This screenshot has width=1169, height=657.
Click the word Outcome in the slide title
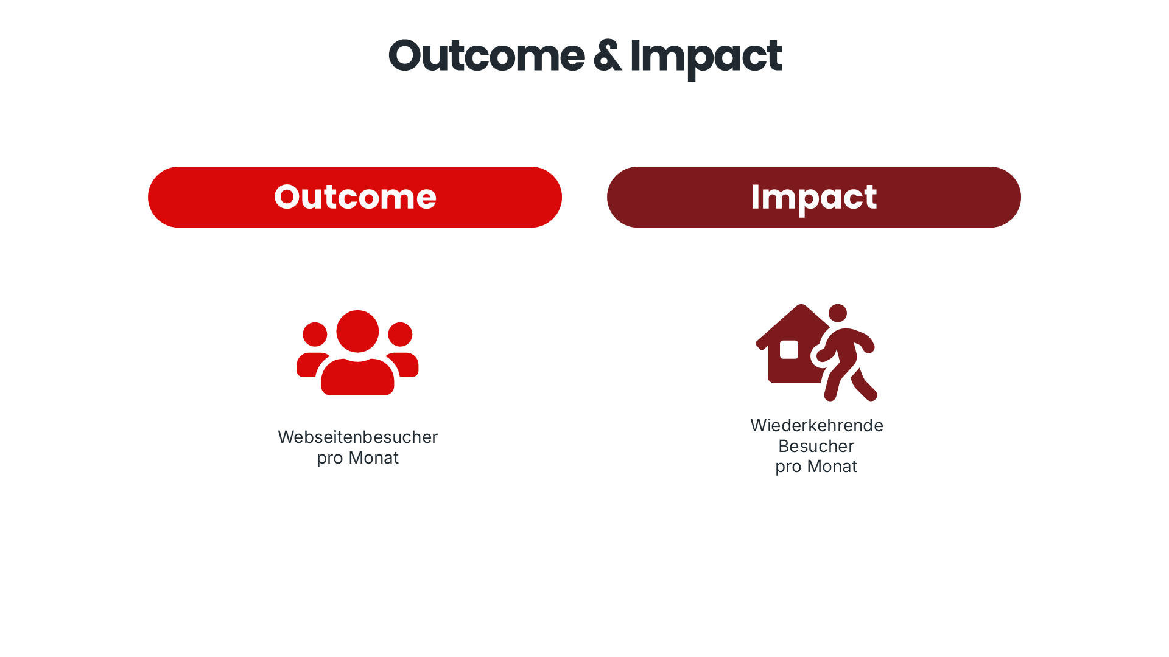486,56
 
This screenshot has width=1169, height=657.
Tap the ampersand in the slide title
607,56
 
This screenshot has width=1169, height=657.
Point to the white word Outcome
355,197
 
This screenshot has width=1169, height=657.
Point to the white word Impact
813,197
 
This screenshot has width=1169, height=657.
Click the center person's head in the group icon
357,332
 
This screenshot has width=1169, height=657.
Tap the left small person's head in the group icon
315,335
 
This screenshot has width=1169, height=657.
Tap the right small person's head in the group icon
400,335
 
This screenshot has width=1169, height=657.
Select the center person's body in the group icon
357,378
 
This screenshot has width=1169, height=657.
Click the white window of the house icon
789,350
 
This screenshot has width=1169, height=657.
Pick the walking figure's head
838,313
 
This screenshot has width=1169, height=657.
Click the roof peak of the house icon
801,308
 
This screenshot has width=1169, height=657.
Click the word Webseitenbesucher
357,437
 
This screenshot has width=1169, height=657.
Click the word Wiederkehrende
816,425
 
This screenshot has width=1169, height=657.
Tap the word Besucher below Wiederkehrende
816,446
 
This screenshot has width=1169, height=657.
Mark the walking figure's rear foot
830,395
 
